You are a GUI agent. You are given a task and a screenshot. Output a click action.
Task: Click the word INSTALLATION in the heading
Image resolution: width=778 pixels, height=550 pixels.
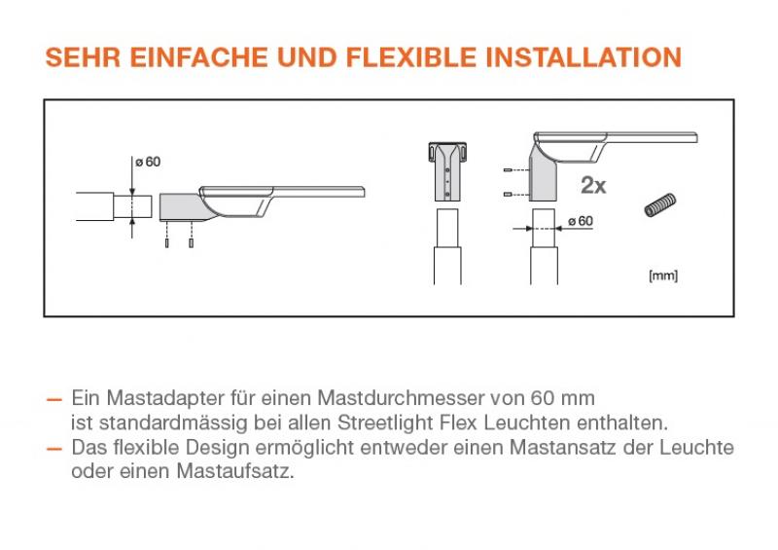(x=583, y=56)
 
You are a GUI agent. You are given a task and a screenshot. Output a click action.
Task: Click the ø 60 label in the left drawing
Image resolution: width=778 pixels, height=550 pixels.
(x=148, y=162)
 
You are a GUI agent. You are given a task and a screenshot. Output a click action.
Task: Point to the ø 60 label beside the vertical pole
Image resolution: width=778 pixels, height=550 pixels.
(x=579, y=221)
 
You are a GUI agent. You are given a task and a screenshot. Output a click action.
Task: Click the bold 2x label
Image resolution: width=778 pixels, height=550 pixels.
(x=592, y=185)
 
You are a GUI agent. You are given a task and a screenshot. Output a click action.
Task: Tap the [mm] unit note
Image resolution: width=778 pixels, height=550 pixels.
(x=663, y=275)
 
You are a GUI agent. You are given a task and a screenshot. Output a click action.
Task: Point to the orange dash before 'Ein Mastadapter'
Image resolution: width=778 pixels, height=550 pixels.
(x=53, y=400)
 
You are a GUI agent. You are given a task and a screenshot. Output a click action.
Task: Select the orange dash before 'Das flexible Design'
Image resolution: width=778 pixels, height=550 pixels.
(x=53, y=448)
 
